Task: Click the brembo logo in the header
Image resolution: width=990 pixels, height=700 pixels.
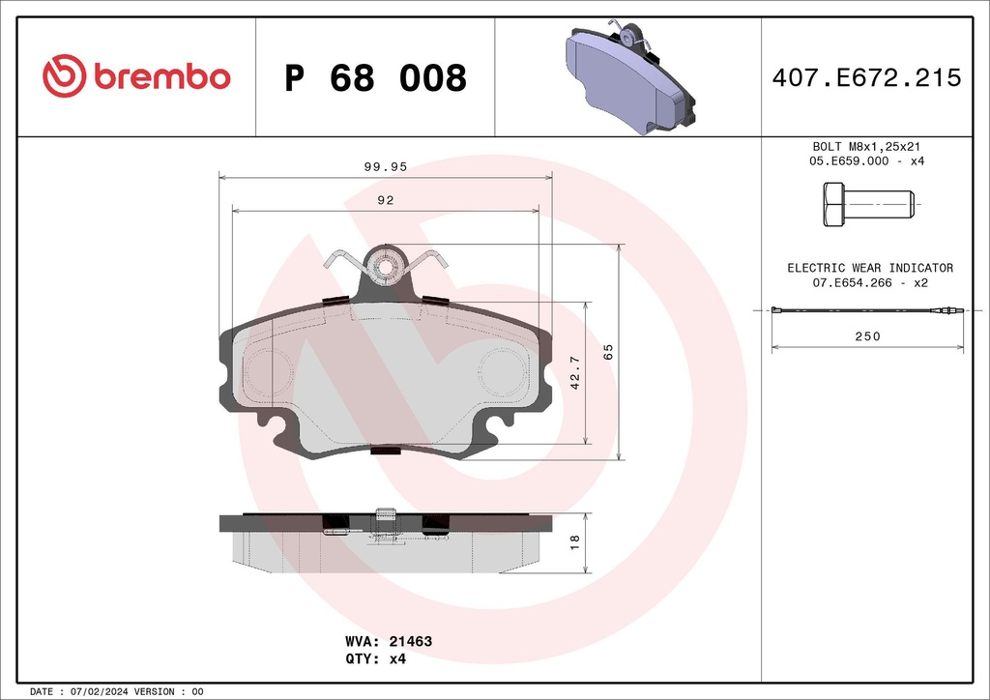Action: click(x=136, y=76)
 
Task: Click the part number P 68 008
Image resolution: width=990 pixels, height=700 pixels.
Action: click(x=375, y=78)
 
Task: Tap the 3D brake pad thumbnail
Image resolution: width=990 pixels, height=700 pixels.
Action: click(x=629, y=76)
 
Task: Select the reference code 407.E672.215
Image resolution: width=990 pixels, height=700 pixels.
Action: click(x=866, y=78)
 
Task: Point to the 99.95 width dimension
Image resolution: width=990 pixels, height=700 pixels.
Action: click(x=386, y=166)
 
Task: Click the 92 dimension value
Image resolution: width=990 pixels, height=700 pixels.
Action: click(x=386, y=200)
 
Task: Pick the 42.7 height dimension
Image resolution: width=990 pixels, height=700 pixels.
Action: click(x=575, y=372)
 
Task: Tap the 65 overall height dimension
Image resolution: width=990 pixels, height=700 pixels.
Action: click(x=608, y=351)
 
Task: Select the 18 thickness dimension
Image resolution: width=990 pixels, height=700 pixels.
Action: click(x=575, y=542)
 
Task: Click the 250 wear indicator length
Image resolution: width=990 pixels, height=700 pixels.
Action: click(x=867, y=335)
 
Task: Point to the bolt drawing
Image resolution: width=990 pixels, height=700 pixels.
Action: click(x=867, y=205)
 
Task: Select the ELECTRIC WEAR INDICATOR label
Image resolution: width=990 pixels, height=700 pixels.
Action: click(x=869, y=268)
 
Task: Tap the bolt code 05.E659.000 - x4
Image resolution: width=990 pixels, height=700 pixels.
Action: click(x=867, y=160)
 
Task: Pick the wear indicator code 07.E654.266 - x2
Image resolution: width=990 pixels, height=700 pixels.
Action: click(x=869, y=282)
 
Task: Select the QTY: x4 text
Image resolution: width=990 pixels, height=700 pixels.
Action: click(x=375, y=659)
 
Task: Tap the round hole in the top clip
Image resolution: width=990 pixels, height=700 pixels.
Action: click(x=386, y=266)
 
